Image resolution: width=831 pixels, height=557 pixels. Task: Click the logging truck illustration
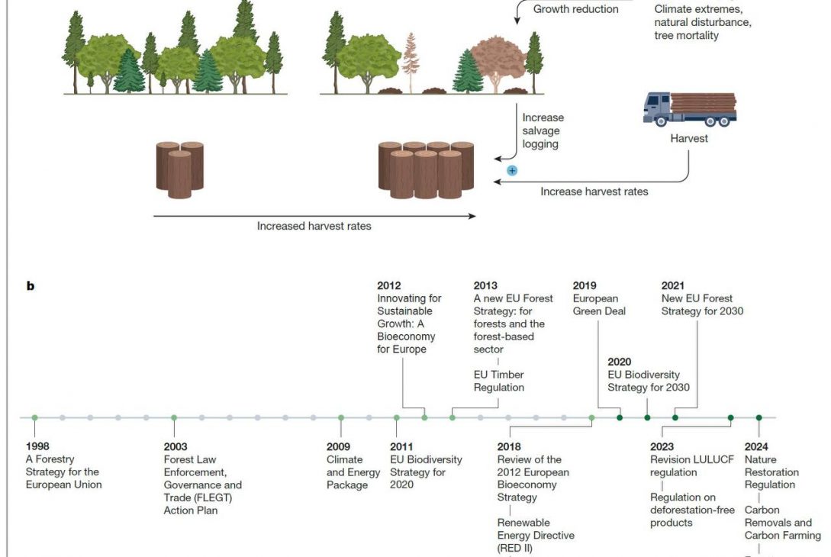(x=690, y=108)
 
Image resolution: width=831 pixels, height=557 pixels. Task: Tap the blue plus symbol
(x=512, y=170)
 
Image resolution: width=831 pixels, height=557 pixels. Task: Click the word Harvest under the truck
(x=689, y=138)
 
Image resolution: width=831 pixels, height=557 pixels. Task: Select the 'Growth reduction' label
(x=575, y=9)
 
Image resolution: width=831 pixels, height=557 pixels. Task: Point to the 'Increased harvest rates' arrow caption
(x=314, y=226)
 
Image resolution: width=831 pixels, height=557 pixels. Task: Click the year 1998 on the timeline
(x=38, y=446)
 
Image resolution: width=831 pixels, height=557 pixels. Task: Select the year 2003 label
(x=176, y=446)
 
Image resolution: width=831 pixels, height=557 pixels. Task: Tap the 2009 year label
(x=339, y=446)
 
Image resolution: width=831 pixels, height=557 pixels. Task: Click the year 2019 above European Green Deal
(x=585, y=285)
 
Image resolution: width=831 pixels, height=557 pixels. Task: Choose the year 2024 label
(x=756, y=446)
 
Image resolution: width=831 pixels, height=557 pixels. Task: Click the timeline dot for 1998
(x=34, y=417)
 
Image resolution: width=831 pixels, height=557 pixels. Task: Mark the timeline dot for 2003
(x=174, y=417)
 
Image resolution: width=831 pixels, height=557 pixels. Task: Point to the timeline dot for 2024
(x=759, y=417)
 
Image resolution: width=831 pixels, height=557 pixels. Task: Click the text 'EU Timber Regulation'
(x=499, y=381)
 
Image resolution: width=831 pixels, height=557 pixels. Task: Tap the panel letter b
(x=31, y=286)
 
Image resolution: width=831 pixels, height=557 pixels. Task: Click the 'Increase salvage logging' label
(x=543, y=130)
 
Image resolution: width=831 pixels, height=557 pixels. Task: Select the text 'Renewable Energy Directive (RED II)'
(x=536, y=535)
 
